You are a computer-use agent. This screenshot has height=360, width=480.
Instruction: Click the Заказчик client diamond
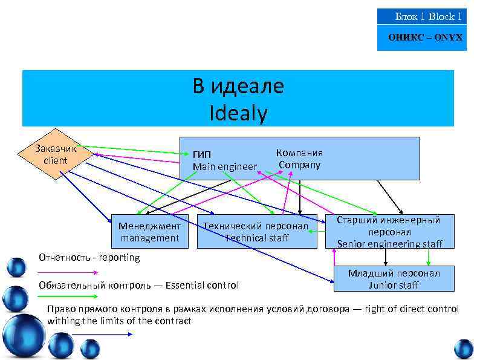point(56,155)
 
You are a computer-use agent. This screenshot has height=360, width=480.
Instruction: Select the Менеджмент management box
point(149,232)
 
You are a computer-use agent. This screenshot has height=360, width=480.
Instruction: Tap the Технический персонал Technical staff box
point(257,232)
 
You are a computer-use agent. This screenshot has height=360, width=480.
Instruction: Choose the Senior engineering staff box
point(389,232)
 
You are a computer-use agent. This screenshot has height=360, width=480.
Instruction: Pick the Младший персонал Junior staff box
point(394,279)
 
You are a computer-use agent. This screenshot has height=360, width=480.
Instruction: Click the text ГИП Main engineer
point(224,160)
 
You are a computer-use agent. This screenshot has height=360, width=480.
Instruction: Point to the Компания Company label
point(299,159)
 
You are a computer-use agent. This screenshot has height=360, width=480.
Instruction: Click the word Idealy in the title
point(238,113)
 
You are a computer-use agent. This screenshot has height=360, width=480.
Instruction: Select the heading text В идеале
point(238,87)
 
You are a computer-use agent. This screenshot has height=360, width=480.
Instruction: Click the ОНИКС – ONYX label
point(425,37)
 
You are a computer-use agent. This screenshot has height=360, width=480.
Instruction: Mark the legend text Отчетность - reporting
point(89,257)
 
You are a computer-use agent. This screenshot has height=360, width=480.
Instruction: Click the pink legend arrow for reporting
point(66,272)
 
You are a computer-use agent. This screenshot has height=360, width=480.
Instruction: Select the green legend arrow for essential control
point(66,296)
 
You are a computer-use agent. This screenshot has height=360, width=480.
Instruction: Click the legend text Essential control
point(202,285)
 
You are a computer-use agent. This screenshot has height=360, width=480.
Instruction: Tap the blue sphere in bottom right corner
point(464,349)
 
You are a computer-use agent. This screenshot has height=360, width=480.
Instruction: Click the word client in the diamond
point(56,161)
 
